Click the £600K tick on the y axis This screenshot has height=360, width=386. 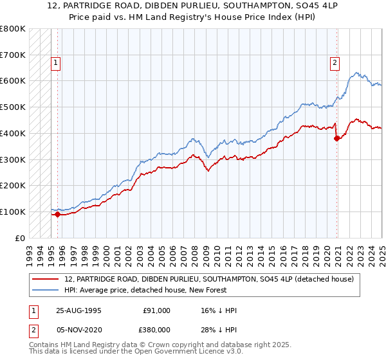13,81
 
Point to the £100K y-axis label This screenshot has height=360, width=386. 13,212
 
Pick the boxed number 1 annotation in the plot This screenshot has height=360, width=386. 56,63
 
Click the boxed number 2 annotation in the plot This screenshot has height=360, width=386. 335,63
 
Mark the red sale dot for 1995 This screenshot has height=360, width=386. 58,214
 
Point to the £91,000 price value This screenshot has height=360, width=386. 156,310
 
